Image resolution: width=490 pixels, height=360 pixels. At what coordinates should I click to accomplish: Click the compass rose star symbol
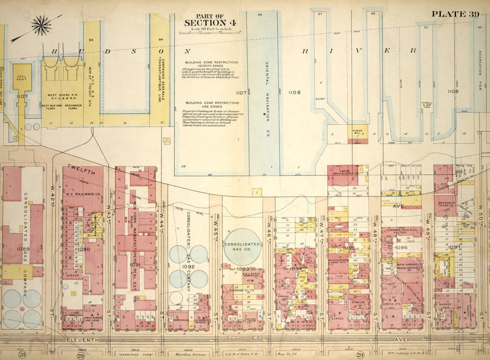[x=41, y=25]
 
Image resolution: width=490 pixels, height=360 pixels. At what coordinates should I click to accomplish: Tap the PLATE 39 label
[x=455, y=13]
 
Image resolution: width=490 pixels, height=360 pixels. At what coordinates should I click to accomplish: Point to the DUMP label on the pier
[x=320, y=99]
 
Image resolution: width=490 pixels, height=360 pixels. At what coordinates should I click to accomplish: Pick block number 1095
[x=349, y=248]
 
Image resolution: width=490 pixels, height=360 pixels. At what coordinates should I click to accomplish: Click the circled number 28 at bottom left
[x=22, y=354]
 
